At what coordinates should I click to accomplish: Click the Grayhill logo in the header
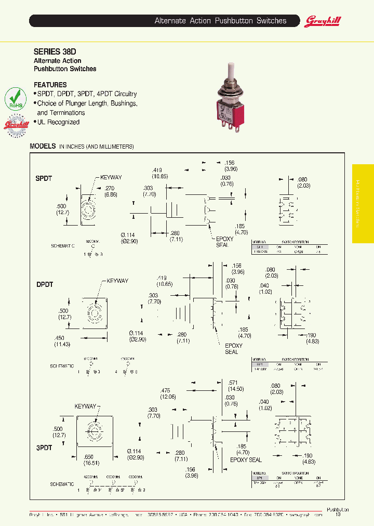(323, 21)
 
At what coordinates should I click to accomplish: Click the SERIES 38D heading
(55, 52)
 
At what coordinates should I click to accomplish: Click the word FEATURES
(50, 85)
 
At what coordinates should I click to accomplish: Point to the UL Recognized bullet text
(58, 122)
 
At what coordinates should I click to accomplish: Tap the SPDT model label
(44, 178)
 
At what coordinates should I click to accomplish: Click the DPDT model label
(45, 285)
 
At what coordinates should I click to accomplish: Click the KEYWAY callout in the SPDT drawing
(111, 177)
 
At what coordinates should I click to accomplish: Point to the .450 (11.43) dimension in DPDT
(63, 341)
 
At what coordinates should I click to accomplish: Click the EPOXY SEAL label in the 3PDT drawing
(245, 459)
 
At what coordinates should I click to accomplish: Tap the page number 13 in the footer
(338, 515)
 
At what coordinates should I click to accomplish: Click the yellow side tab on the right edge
(363, 203)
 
